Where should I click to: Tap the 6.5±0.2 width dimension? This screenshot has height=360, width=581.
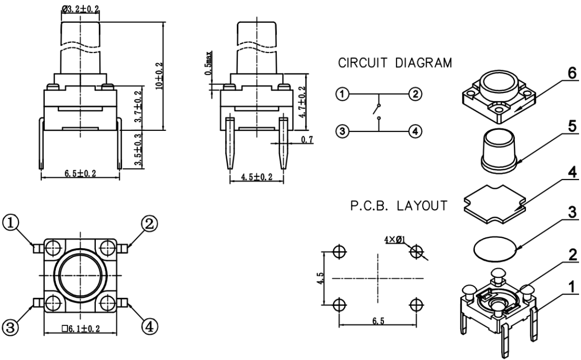79,174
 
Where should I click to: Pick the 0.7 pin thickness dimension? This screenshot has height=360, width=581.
307,140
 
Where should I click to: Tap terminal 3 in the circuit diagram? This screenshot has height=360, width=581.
343,131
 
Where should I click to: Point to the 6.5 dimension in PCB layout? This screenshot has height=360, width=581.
378,322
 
